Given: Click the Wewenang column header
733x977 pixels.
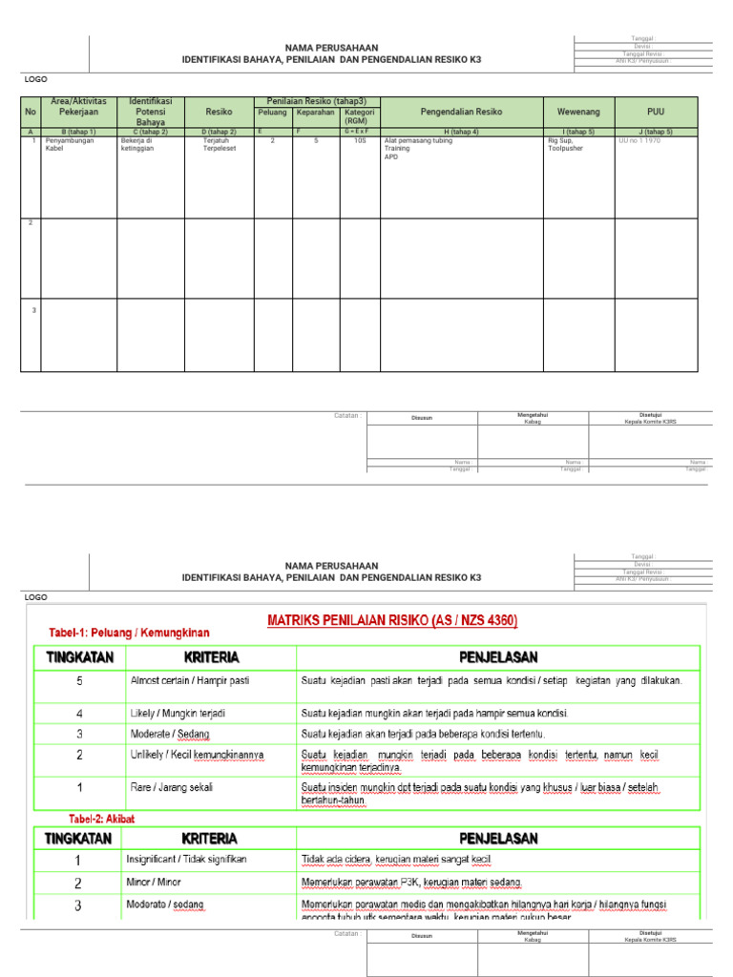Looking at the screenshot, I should click(578, 112).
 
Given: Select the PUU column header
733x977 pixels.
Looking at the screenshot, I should click(656, 112).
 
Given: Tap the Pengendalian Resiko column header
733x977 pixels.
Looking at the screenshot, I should click(461, 112).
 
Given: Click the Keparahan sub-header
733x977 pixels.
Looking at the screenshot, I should click(316, 112).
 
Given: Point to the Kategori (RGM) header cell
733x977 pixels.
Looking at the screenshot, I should click(360, 116).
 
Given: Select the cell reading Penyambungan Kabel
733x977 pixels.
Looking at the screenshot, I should click(70, 144).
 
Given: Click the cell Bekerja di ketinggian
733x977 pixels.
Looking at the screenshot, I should click(137, 144).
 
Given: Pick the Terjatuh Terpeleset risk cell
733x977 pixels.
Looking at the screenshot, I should click(219, 144).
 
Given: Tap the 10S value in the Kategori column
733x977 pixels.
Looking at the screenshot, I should click(360, 140).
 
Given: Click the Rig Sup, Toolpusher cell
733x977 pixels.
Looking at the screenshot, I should click(567, 144).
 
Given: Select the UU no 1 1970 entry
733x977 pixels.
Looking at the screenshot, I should click(639, 140).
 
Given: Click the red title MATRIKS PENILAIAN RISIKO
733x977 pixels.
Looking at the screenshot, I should click(392, 621).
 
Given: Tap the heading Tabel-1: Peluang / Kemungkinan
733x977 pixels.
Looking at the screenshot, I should click(129, 633).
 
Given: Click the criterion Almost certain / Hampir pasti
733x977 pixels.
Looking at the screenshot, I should click(190, 681).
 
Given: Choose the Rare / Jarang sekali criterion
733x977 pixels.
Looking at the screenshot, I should click(172, 787).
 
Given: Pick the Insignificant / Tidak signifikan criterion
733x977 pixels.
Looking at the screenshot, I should click(186, 859).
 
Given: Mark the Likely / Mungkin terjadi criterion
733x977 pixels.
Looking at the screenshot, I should click(178, 713).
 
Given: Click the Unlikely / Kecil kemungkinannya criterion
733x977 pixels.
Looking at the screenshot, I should click(197, 755).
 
